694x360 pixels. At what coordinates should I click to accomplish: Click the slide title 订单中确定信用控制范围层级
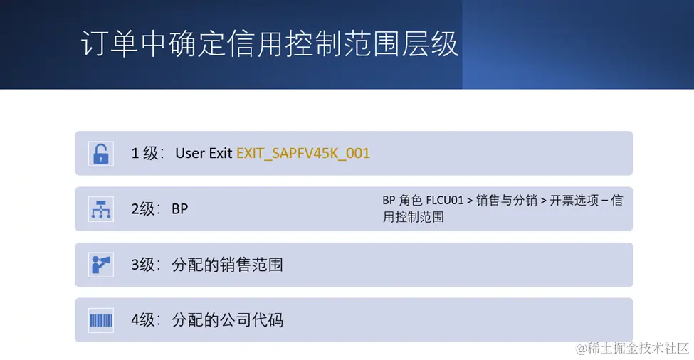(269, 44)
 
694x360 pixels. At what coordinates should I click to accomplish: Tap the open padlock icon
(101, 154)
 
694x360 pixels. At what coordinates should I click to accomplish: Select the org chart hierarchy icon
(101, 209)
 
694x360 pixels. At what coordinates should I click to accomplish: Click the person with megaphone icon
(101, 265)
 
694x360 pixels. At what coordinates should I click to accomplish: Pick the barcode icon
(101, 320)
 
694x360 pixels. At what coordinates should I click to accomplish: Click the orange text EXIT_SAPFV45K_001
(303, 154)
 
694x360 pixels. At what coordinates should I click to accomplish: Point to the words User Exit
(204, 153)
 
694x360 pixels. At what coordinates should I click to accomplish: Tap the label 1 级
(144, 154)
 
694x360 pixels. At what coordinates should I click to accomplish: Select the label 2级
(142, 208)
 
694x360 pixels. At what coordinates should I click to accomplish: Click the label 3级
(142, 265)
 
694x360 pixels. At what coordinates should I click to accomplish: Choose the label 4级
(142, 319)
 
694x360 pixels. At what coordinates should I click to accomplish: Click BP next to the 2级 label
(179, 208)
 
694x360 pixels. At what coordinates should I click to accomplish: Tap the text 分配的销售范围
(228, 265)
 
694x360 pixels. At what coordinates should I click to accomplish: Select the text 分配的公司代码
(228, 319)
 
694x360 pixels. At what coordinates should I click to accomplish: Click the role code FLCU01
(444, 201)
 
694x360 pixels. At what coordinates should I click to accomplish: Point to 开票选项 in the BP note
(574, 201)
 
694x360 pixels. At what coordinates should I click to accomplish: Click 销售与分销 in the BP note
(506, 201)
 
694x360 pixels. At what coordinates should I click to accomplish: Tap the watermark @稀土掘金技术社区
(633, 348)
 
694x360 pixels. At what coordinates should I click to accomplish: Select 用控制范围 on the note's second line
(414, 217)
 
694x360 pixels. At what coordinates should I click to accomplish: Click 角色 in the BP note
(410, 201)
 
